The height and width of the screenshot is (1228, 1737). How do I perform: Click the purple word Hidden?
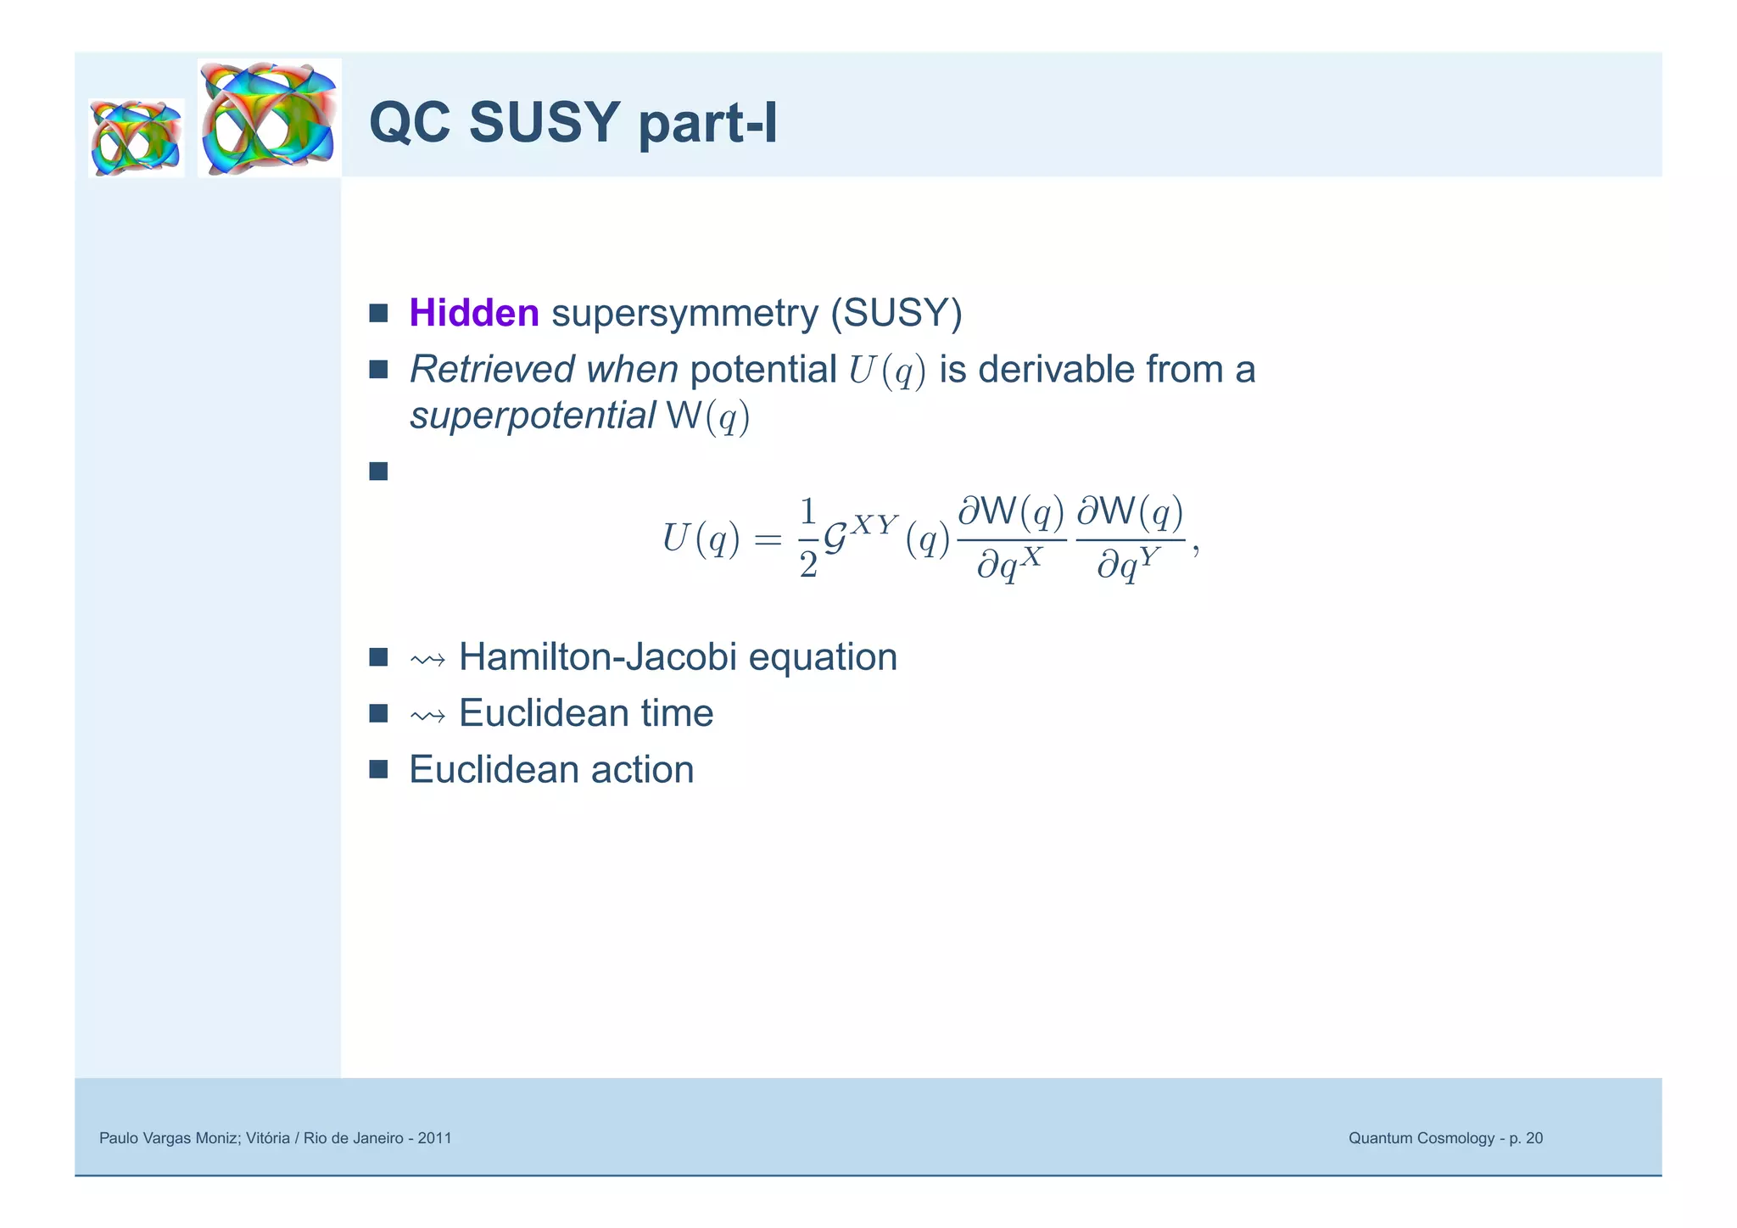pos(473,313)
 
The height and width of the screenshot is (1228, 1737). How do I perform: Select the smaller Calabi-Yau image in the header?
pos(136,137)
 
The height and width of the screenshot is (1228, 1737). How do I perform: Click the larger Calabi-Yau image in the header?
pos(270,118)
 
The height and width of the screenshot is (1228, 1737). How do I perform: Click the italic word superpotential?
pos(532,416)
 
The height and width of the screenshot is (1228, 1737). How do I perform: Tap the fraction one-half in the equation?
pos(807,538)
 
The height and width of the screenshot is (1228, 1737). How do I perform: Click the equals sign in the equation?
pos(768,539)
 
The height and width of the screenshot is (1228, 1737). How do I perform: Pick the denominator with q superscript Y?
pos(1129,563)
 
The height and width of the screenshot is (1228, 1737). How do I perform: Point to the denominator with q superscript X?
pos(1009,563)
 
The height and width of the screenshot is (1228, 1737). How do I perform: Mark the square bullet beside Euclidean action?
pos(378,769)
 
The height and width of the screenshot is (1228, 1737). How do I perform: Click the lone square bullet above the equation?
pos(378,471)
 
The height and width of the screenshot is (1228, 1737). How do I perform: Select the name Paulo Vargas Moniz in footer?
pos(169,1138)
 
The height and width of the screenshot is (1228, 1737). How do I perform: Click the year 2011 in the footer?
pos(435,1138)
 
